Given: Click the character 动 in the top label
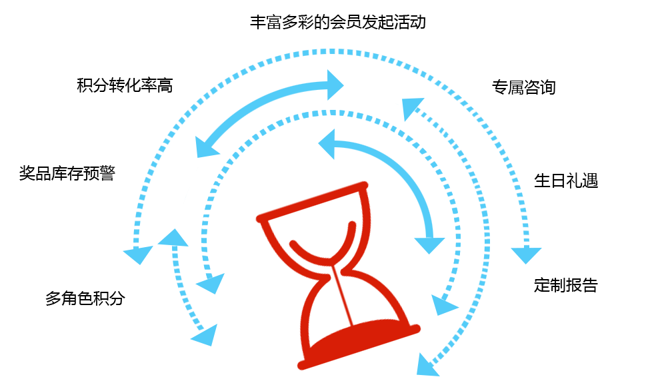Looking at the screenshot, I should click(418, 22).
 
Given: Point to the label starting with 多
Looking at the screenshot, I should click(84, 298).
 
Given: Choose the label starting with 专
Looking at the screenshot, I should click(523, 87).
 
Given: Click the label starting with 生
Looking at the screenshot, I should click(565, 181).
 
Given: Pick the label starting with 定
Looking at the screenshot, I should click(565, 286).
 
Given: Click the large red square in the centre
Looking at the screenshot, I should click(337, 275).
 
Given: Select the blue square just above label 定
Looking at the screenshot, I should click(525, 256).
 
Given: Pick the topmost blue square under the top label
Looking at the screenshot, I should click(336, 84).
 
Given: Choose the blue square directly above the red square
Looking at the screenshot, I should click(326, 145).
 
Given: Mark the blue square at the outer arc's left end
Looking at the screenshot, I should click(138, 254).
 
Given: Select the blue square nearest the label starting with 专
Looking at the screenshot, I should click(413, 108).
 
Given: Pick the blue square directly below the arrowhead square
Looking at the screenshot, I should click(445, 304).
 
